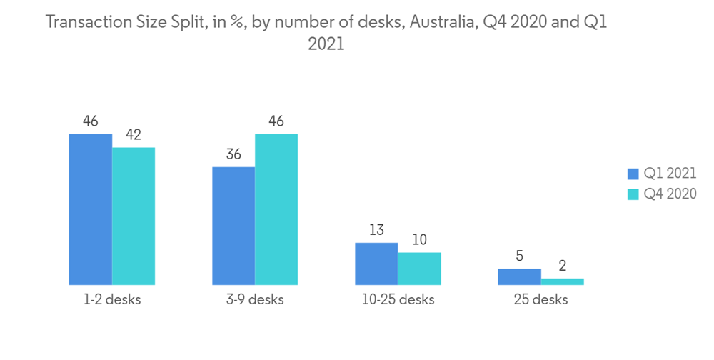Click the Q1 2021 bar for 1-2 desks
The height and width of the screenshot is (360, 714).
[x=90, y=209]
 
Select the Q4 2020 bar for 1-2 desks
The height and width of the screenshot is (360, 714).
[x=134, y=216]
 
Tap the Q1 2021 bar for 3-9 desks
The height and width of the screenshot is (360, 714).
[x=233, y=226]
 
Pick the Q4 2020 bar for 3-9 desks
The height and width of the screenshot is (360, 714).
[x=276, y=209]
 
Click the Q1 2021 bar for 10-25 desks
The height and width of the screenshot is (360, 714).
[x=376, y=264]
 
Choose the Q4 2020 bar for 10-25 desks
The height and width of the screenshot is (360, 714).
[x=419, y=269]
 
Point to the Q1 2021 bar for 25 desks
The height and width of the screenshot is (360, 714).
[x=519, y=276]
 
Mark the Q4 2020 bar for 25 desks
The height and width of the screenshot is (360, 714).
[x=562, y=281]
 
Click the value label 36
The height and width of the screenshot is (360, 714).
[x=233, y=154]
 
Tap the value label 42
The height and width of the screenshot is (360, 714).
[x=134, y=135]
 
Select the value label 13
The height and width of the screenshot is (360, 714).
[x=376, y=230]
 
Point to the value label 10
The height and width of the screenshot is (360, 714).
[x=419, y=240]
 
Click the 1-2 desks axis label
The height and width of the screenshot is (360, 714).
[x=111, y=300]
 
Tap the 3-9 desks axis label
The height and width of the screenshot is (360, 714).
[x=254, y=300]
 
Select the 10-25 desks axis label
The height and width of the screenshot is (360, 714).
[x=398, y=300]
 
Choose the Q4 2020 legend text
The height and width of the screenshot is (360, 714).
[x=670, y=194]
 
